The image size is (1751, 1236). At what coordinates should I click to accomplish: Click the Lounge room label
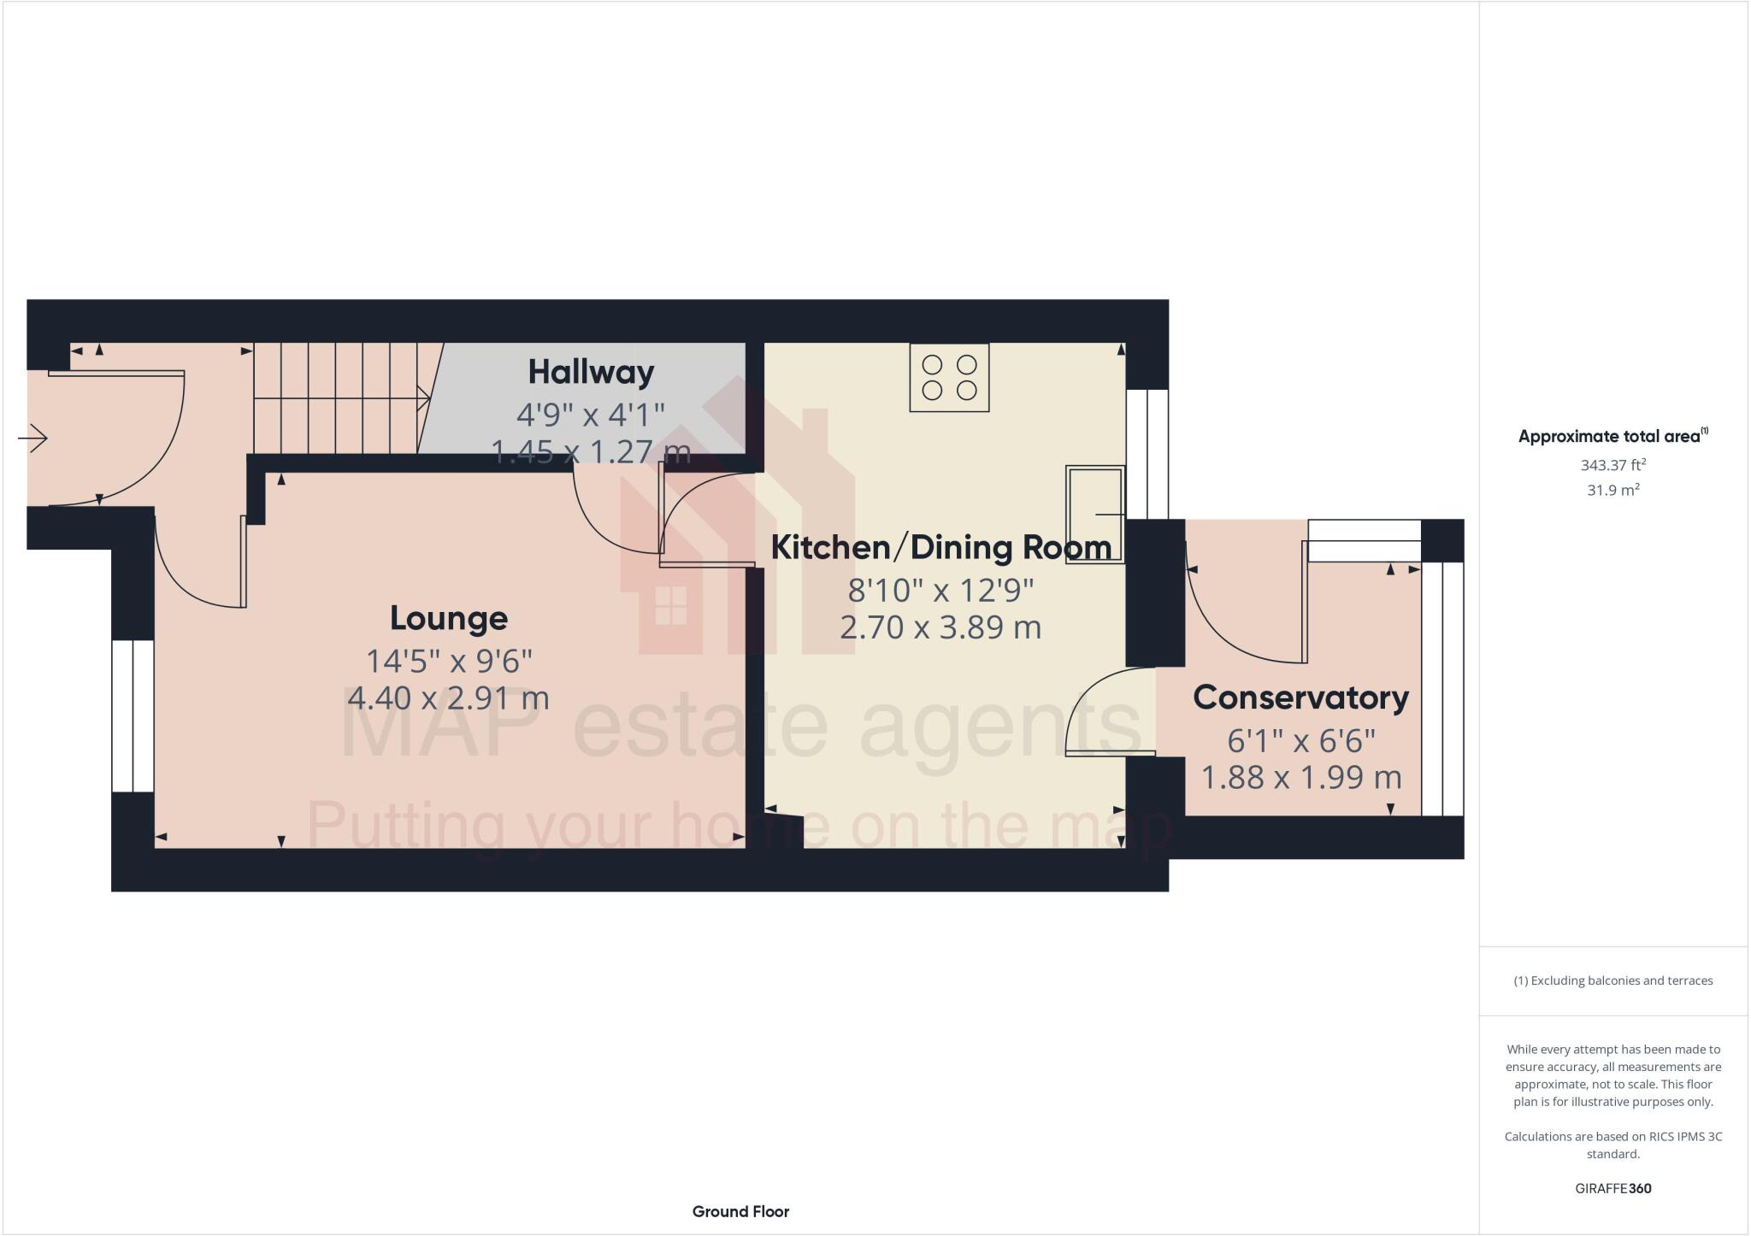(449, 618)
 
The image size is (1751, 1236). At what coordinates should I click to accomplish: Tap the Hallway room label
(591, 372)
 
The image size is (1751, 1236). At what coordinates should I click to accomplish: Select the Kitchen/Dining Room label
(940, 547)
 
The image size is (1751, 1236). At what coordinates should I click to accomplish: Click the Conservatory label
(1300, 697)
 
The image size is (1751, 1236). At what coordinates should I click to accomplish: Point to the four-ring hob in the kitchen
(949, 378)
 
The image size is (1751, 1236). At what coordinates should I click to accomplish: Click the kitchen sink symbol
(1094, 514)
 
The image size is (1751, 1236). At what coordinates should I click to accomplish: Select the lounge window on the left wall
(133, 716)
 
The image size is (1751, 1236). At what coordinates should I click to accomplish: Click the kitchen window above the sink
(1147, 454)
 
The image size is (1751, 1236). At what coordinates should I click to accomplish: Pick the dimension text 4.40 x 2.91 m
(448, 698)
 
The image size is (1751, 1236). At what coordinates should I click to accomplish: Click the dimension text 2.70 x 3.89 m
(940, 627)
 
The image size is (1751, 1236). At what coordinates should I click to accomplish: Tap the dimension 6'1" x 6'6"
(1300, 740)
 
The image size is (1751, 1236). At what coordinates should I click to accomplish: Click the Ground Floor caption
(740, 1211)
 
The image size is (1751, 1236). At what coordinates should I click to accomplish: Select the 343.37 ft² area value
(1612, 466)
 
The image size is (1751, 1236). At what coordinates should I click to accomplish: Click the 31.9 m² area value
(1612, 491)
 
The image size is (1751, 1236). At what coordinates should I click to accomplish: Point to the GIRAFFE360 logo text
(1612, 1188)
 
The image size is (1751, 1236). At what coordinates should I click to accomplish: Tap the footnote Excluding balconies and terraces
(1612, 980)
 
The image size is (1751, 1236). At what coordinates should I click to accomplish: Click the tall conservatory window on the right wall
(1442, 689)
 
